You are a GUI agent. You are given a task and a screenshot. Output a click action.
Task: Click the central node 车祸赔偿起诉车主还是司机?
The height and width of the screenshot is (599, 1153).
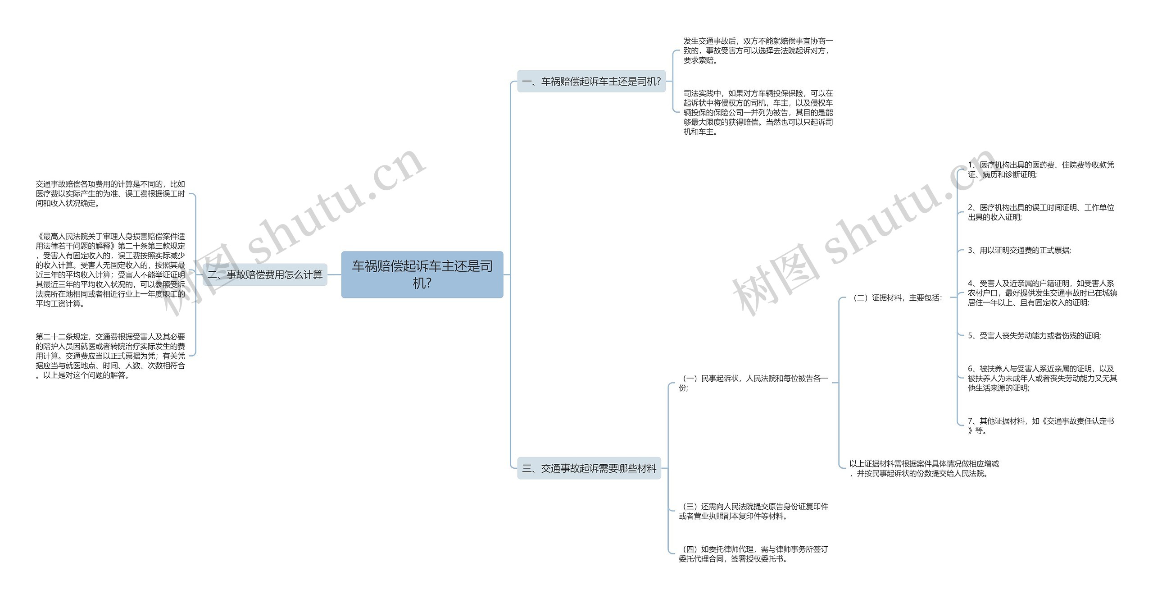[x=422, y=274]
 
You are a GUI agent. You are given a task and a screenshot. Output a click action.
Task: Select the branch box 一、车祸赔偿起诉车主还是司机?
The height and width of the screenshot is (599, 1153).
[x=591, y=82]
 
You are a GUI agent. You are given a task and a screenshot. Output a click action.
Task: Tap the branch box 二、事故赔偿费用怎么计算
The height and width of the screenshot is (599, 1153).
[x=265, y=274]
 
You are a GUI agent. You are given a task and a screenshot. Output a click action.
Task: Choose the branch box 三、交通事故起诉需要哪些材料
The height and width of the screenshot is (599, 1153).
[x=589, y=468]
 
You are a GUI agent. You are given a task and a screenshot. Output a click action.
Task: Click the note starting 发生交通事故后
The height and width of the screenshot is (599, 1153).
[x=758, y=50]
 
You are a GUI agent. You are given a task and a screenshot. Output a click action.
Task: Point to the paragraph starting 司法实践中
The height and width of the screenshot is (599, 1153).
[x=758, y=112]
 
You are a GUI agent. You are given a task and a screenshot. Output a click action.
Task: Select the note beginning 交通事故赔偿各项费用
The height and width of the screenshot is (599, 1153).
[x=110, y=194]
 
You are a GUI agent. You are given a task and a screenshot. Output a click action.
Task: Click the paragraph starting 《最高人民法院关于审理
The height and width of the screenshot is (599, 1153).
[x=110, y=270]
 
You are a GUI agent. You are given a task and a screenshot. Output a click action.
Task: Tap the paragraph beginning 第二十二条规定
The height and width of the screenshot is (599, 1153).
[x=110, y=356]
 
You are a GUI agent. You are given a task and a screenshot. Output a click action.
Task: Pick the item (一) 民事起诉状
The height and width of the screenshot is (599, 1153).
[x=753, y=383]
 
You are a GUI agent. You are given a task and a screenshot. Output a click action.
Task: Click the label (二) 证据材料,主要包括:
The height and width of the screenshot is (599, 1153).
[x=895, y=298]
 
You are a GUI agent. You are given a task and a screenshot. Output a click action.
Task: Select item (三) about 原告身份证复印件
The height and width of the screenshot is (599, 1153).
[x=753, y=511]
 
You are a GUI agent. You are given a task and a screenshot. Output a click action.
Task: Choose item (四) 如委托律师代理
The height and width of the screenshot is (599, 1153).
[x=753, y=554]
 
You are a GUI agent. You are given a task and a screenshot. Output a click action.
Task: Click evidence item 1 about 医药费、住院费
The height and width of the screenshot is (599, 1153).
[x=1040, y=169]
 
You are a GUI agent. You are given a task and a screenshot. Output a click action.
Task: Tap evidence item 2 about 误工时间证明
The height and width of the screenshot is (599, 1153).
[x=1040, y=212]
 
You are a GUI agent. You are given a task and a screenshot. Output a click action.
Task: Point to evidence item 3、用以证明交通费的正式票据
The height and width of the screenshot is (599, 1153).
[x=1019, y=251]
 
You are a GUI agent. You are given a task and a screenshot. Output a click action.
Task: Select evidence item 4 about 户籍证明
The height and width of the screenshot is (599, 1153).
[x=1042, y=293]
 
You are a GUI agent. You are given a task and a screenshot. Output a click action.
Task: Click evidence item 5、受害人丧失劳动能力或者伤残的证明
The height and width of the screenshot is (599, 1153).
[x=1034, y=336]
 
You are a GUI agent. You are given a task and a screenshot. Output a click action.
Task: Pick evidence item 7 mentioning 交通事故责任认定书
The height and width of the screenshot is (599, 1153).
[x=1040, y=425]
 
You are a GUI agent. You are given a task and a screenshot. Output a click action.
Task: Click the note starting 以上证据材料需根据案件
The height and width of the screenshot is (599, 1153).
[x=923, y=468]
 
